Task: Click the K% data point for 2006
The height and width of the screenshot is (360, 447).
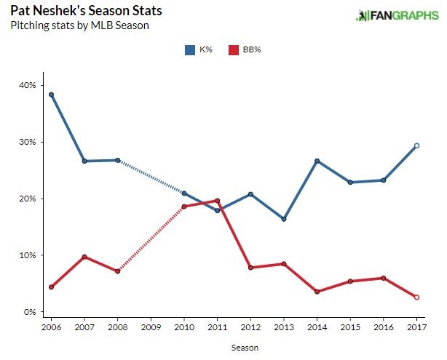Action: (51, 95)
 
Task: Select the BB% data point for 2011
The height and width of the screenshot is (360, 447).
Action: (218, 201)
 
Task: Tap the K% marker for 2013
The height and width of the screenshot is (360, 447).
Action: (284, 219)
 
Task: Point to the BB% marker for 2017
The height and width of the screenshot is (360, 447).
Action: (416, 297)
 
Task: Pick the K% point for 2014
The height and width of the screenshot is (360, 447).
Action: (317, 161)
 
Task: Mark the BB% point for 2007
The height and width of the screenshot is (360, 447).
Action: (84, 257)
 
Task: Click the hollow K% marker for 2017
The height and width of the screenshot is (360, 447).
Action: (416, 145)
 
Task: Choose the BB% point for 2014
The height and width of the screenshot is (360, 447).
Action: (317, 292)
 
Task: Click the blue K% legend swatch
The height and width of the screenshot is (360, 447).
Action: (189, 49)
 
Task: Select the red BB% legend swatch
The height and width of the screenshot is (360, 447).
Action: (234, 49)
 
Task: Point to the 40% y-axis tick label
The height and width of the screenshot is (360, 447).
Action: (28, 85)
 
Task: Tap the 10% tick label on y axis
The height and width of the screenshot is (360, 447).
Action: (28, 255)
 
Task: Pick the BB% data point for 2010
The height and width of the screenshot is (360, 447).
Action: (184, 207)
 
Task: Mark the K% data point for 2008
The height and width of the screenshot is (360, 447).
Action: (117, 160)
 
